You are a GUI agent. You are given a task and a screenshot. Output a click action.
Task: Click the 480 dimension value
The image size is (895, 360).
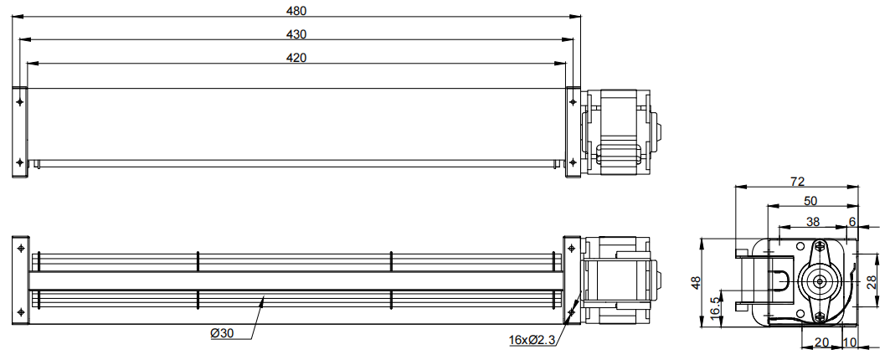pos(296,10)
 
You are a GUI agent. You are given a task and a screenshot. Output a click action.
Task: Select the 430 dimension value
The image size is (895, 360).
pos(296,34)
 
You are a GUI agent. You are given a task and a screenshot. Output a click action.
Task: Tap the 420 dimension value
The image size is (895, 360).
pos(296,58)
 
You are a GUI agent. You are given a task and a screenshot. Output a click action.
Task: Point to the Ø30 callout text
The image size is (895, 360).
pos(222,334)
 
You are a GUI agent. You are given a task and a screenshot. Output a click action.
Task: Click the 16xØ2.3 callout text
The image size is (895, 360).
pos(532,340)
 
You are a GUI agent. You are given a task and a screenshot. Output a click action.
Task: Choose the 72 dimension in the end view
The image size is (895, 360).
pos(797,182)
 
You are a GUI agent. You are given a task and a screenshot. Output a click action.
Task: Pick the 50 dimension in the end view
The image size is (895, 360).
pos(810,201)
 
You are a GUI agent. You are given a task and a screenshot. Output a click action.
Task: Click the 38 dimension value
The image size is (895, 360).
pos(813,221)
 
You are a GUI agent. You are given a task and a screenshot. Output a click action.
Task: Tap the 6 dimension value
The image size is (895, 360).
pos(852,221)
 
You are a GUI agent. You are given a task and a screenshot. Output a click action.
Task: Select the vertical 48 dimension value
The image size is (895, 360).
pos(696,283)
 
